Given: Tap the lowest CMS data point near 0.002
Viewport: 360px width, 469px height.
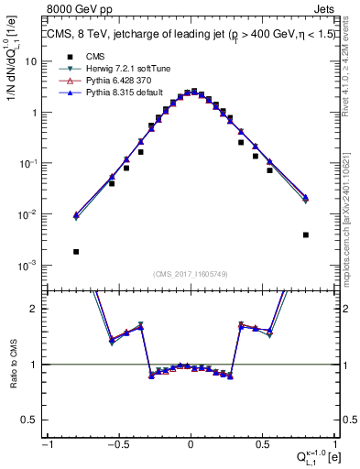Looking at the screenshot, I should click(x=76, y=251).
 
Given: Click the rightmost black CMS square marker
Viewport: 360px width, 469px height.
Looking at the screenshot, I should click(x=305, y=234).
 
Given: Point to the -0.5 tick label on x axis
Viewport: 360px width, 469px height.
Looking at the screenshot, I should click(x=117, y=446).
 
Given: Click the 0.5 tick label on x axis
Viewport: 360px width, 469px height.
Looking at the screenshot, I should click(x=262, y=446).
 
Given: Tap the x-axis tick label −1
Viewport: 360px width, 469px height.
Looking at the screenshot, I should click(x=46, y=446).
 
